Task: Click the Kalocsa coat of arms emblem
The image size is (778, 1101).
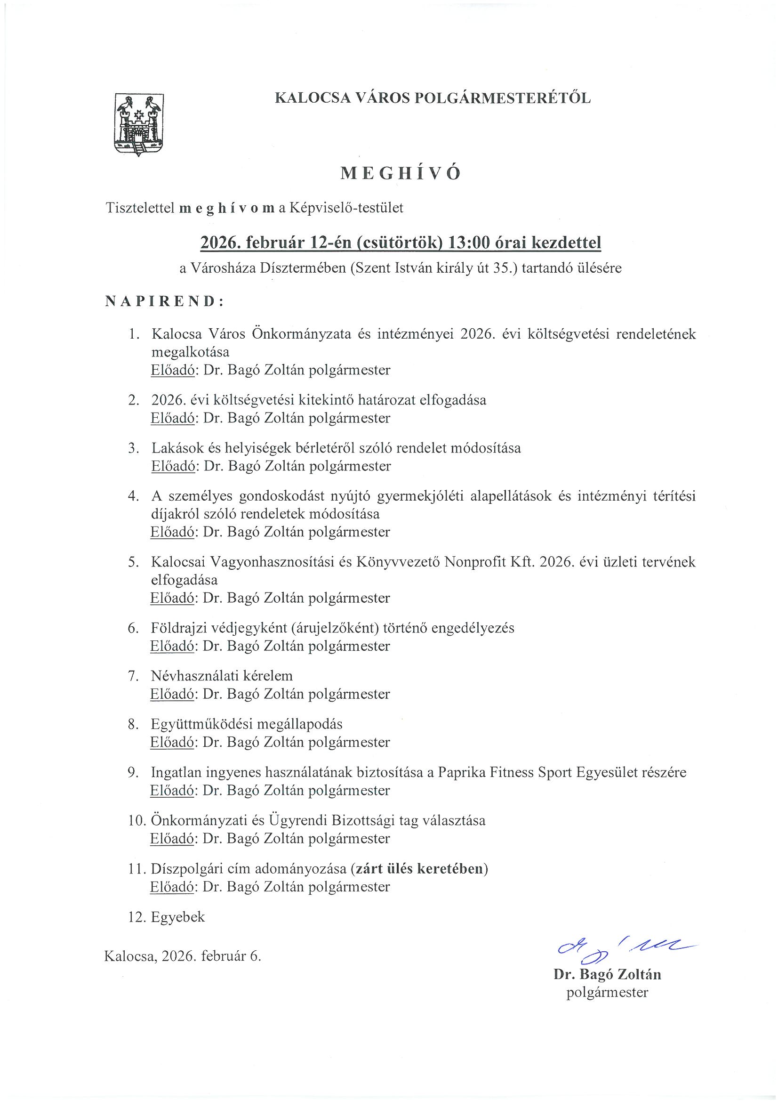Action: pos(138,125)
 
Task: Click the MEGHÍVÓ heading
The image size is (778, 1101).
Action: pos(400,174)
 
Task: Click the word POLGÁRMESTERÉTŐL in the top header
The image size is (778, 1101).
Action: pos(502,98)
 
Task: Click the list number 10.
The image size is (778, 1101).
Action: pos(136,820)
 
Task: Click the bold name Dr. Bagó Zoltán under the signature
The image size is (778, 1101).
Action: pos(607,974)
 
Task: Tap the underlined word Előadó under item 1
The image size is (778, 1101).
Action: pos(172,370)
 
